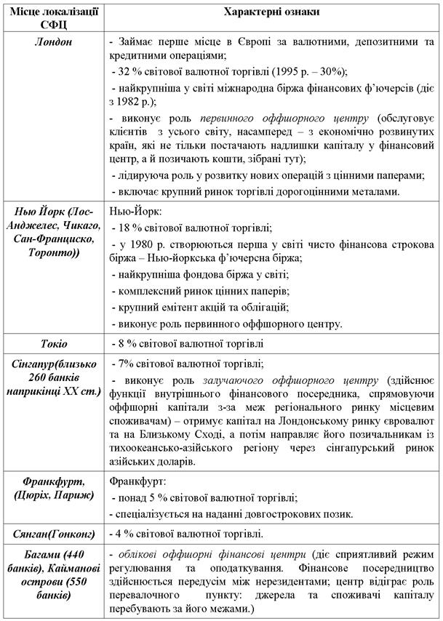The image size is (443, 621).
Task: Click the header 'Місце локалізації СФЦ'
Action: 53,18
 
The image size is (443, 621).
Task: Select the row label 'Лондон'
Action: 53,41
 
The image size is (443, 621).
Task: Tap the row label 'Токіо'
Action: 53,343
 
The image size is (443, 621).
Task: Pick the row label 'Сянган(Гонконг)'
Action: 53,534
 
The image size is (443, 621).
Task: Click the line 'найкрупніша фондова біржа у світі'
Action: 202,275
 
